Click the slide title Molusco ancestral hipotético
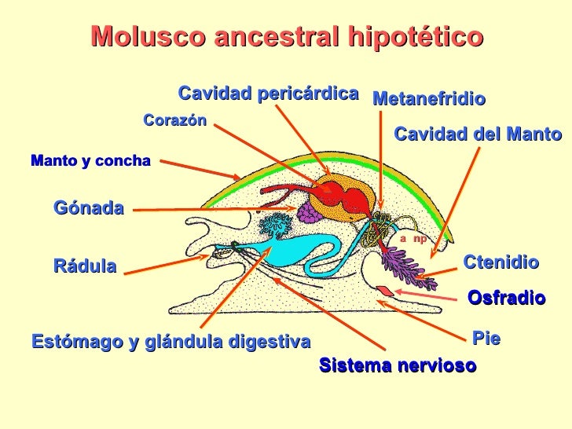287,36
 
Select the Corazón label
174,120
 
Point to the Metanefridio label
429,99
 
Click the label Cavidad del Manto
478,134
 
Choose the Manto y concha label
90,161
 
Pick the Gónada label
89,207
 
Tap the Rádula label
85,266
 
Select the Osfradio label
506,298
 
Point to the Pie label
486,338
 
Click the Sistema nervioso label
398,365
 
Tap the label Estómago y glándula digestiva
171,342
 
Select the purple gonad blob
309,211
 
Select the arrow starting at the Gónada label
212,209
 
